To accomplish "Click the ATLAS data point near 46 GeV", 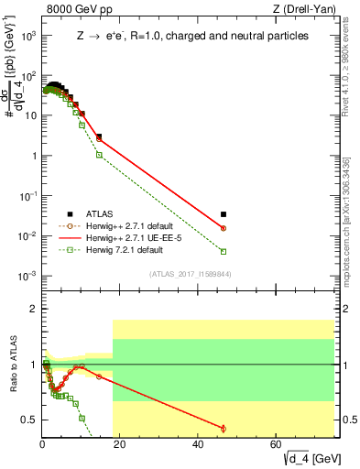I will pos(224,214).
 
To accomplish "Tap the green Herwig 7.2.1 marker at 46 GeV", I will pos(224,251).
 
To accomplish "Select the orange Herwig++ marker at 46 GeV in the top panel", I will pos(224,228).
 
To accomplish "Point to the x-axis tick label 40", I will pos(199,445).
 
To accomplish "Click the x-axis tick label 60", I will pos(277,445).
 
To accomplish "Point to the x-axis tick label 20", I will pos(121,445).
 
